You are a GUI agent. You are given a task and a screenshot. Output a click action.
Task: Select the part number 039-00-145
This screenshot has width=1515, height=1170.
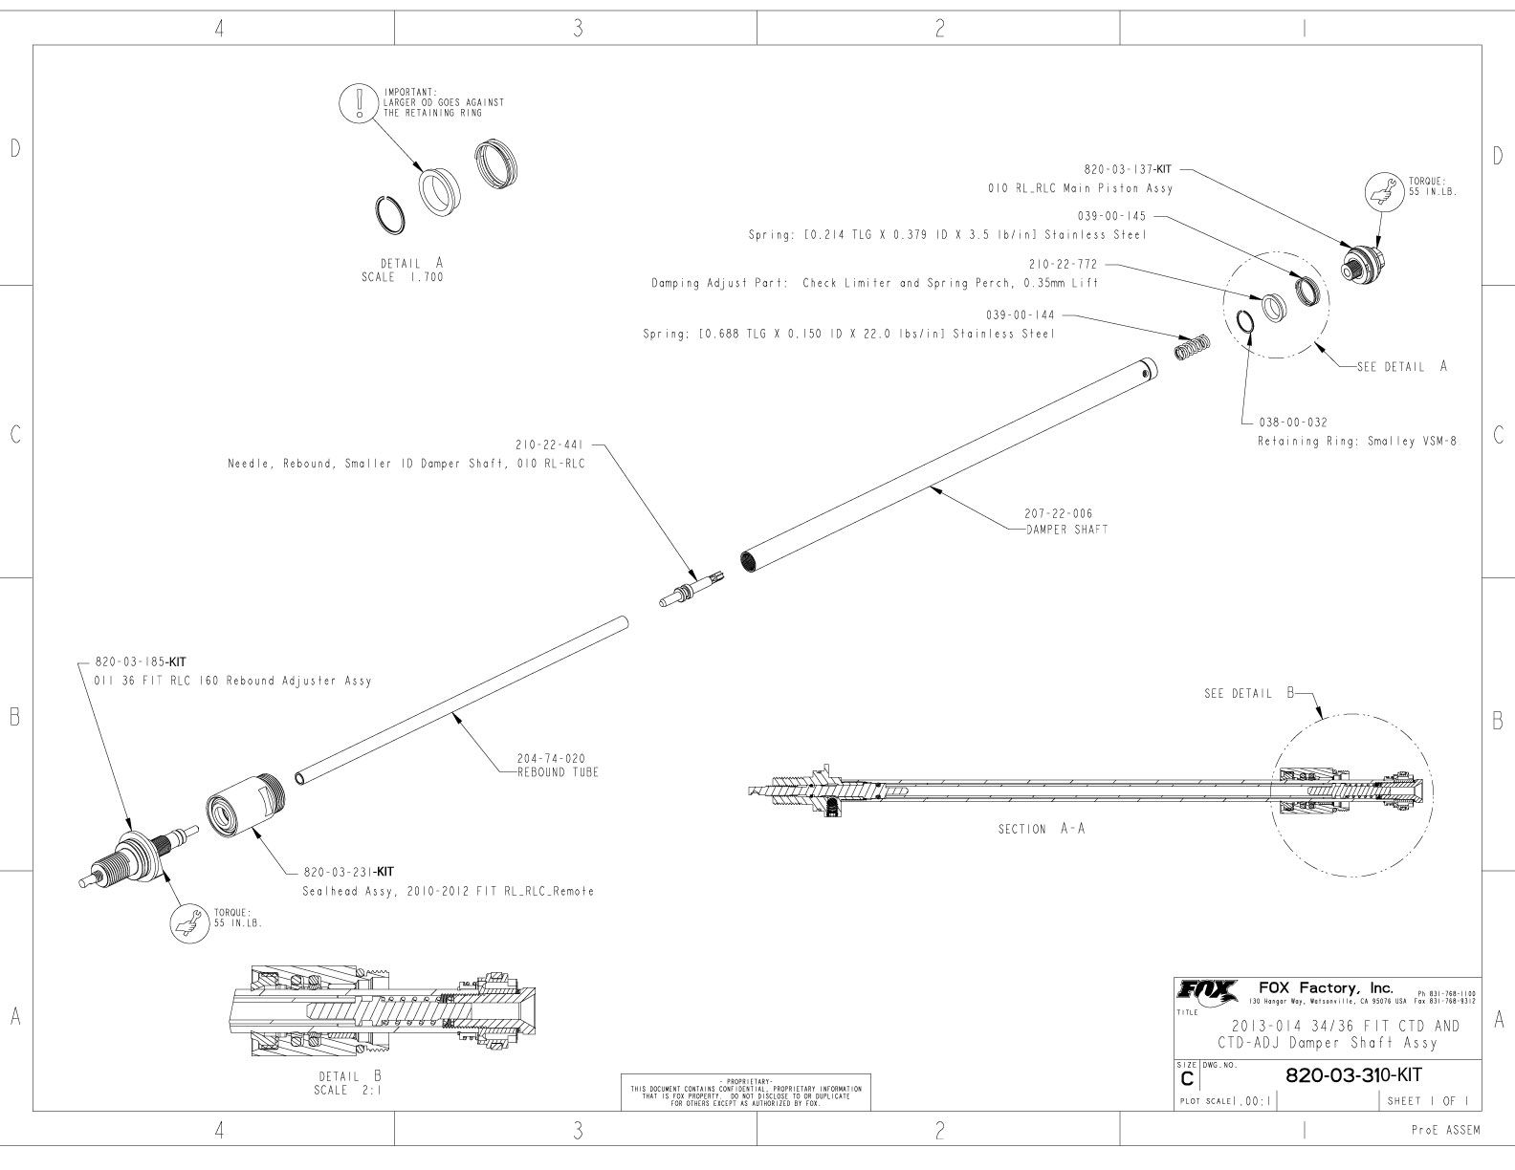[1112, 216]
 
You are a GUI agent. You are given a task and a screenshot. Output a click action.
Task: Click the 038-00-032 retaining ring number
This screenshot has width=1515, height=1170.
[1292, 422]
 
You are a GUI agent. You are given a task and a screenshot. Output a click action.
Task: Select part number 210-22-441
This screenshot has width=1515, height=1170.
[549, 444]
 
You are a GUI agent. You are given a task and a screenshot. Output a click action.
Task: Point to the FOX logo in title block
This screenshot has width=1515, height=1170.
[1208, 990]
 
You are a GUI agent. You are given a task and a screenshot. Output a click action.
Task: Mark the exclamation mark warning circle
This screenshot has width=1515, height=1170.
[360, 100]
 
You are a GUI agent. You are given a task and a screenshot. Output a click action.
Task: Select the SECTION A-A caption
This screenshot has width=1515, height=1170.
[1042, 829]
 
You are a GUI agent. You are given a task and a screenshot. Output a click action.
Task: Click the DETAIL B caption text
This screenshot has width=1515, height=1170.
[349, 1076]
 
